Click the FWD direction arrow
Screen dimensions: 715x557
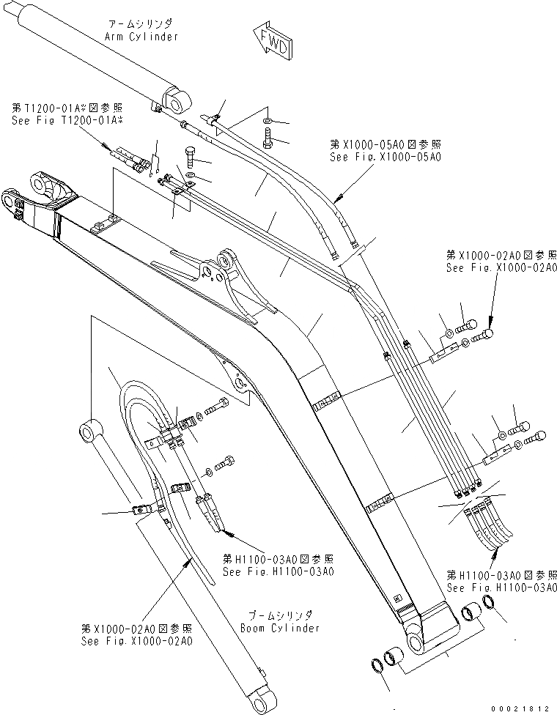tap(272, 41)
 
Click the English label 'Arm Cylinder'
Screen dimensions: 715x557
tap(142, 36)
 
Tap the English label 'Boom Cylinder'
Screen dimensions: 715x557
tap(279, 628)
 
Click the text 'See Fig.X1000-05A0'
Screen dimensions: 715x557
tap(386, 157)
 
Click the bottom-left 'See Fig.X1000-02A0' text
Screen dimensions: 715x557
tap(138, 640)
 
